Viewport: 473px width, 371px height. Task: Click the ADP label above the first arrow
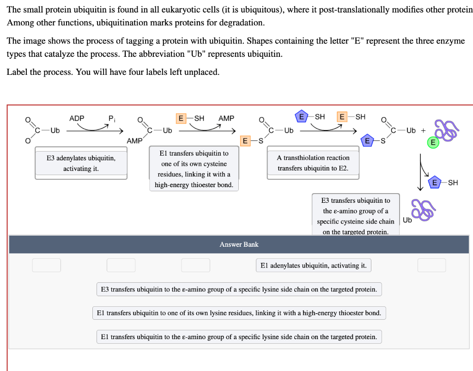pyautogui.click(x=77, y=118)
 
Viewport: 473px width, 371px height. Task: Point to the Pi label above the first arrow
pyautogui.click(x=111, y=118)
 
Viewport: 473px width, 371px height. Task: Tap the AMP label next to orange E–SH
pyautogui.click(x=226, y=118)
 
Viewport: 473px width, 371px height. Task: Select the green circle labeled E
pyautogui.click(x=432, y=143)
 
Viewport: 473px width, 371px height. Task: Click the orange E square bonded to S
pyautogui.click(x=246, y=140)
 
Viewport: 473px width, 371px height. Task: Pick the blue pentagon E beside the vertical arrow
pyautogui.click(x=434, y=182)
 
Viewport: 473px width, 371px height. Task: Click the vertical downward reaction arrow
pyautogui.click(x=421, y=173)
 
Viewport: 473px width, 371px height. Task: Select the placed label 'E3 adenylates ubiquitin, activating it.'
pyautogui.click(x=81, y=164)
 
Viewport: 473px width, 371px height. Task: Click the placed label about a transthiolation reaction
pyautogui.click(x=313, y=163)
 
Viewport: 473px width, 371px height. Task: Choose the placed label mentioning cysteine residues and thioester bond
pyautogui.click(x=194, y=169)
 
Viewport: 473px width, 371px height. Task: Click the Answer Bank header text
pyautogui.click(x=239, y=244)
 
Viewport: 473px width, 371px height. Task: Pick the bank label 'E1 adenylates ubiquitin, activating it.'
pyautogui.click(x=313, y=265)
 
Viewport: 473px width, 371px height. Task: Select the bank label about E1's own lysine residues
pyautogui.click(x=239, y=313)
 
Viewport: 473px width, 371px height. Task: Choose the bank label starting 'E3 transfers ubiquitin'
pyautogui.click(x=239, y=289)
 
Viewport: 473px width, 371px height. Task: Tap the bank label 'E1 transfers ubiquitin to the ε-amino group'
pyautogui.click(x=239, y=337)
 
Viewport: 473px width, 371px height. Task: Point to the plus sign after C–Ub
pyautogui.click(x=423, y=130)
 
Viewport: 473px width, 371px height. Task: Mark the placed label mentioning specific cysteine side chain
pyautogui.click(x=355, y=216)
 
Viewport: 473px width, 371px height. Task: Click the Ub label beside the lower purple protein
pyautogui.click(x=407, y=220)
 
